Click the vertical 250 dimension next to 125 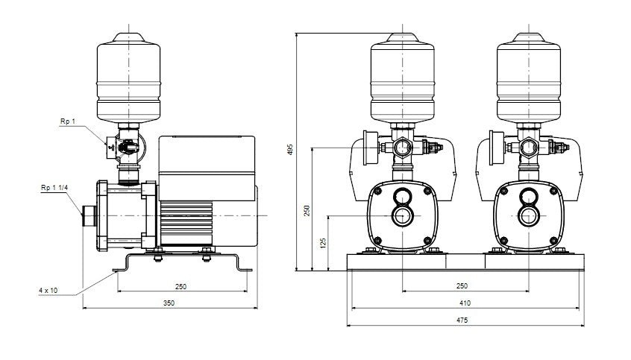pyautogui.click(x=307, y=210)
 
